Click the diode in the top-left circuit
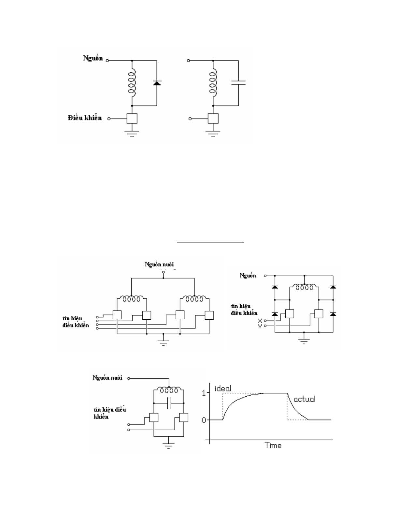tap(157, 83)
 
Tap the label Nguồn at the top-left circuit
tap(93, 58)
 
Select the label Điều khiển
tap(85, 118)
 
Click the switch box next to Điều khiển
tap(132, 118)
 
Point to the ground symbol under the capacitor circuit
tap(213, 133)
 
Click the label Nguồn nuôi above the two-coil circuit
tap(162, 264)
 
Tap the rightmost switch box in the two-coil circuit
tap(209, 315)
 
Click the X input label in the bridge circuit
tap(260, 321)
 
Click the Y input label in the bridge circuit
tap(260, 326)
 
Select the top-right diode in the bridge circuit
tap(333, 286)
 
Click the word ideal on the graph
tap(223, 388)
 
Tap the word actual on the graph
tap(304, 399)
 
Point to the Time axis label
tap(273, 445)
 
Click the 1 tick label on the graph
tap(204, 393)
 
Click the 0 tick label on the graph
tap(204, 420)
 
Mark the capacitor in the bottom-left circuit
tap(168, 403)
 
